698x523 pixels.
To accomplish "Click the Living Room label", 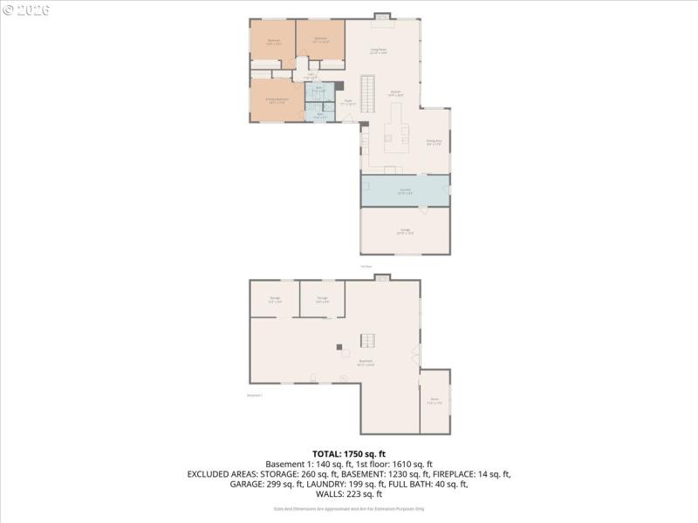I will pyautogui.click(x=380, y=51).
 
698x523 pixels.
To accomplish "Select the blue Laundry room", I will pyautogui.click(x=405, y=191).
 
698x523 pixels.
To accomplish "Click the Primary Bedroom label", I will pyautogui.click(x=277, y=100).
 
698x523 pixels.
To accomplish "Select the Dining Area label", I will pyautogui.click(x=434, y=142).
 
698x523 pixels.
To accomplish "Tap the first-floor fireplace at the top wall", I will pyautogui.click(x=381, y=15).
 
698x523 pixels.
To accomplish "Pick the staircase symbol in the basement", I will pyautogui.click(x=369, y=341).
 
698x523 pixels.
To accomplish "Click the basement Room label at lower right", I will pyautogui.click(x=435, y=402).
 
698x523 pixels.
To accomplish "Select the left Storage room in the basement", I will pyautogui.click(x=274, y=299).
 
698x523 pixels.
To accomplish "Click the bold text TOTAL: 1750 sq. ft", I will pyautogui.click(x=348, y=454).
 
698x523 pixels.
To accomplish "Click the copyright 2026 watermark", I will pyautogui.click(x=26, y=10).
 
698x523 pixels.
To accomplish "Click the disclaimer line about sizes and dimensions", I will pyautogui.click(x=348, y=508).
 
